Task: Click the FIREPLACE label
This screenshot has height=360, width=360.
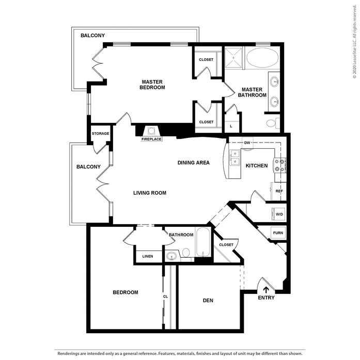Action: [151, 139]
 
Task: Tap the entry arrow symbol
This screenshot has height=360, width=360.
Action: [266, 290]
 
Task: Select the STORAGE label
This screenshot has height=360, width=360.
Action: [100, 133]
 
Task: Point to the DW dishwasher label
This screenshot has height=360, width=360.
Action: [247, 143]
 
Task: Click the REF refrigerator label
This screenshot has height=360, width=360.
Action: [279, 191]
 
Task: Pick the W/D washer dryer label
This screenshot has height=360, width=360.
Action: [279, 214]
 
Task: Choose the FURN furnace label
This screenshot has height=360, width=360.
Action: [278, 233]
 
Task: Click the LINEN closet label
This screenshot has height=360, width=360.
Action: [148, 256]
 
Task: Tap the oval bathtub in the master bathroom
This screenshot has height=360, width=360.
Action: [262, 58]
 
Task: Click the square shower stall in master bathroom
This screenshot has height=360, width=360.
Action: [233, 58]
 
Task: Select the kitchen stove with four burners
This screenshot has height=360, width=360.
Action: [279, 165]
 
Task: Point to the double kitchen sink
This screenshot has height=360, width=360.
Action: [235, 158]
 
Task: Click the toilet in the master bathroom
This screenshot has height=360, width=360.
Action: [273, 123]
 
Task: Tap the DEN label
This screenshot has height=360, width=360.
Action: [208, 300]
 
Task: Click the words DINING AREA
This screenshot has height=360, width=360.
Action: [194, 163]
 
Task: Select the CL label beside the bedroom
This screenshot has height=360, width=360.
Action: [165, 296]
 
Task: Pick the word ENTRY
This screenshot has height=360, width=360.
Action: [266, 298]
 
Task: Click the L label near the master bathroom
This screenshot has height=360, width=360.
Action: [231, 126]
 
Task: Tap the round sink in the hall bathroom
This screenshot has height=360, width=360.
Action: [171, 256]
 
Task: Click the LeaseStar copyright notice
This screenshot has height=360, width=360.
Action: [355, 42]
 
